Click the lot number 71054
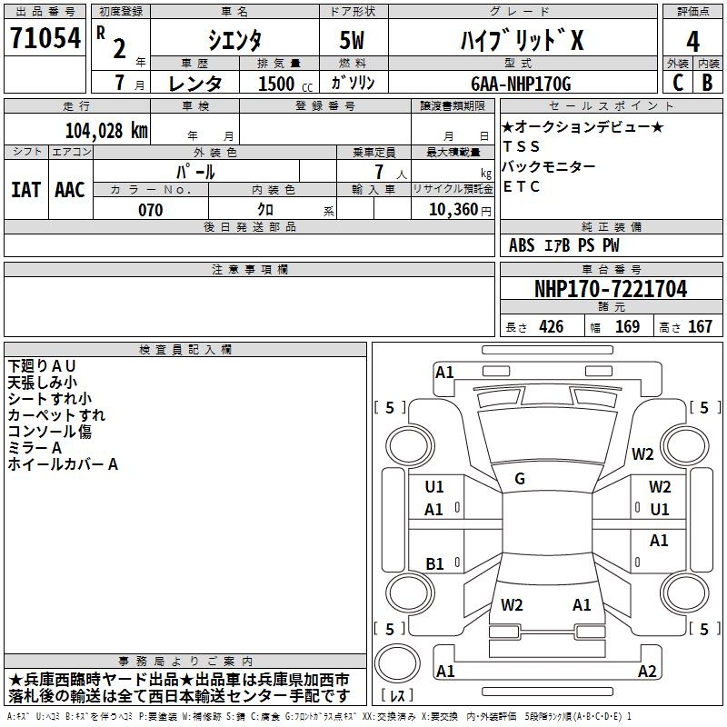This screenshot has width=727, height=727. coord(44,38)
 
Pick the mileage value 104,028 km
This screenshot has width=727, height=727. coord(106,130)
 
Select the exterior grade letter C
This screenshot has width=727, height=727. coord(678,83)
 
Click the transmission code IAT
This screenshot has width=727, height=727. coord(25,189)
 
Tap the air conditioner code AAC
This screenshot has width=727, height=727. coord(69,189)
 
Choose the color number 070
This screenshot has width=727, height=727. coord(150,210)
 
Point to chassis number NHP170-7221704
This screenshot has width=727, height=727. coord(611,289)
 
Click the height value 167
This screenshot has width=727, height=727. coord(700,327)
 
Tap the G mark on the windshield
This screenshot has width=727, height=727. coord(520,479)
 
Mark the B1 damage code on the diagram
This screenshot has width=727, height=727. coord(434,563)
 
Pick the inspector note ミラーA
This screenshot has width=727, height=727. coord(35,448)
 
